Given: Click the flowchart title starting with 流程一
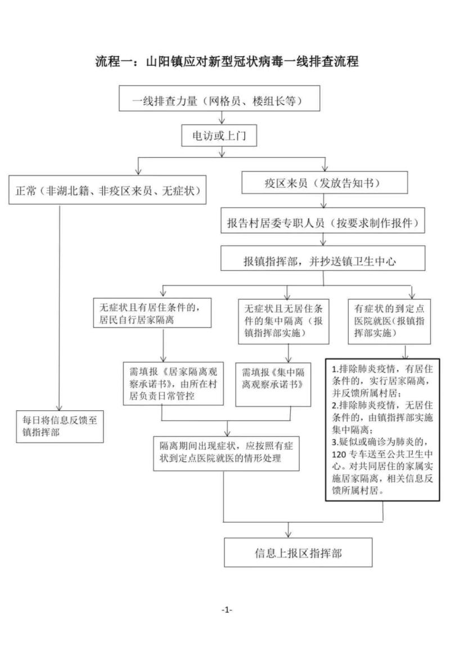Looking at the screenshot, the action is point(227,61).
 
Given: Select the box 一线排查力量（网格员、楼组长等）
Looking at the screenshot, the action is point(219,98).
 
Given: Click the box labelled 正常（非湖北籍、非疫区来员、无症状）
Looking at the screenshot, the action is point(107,190).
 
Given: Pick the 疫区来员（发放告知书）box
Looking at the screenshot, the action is point(325,182).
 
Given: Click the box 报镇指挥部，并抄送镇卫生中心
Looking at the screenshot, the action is point(323,259).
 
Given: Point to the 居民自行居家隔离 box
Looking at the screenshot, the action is point(152,313).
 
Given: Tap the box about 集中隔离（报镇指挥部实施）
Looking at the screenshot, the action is point(283,321).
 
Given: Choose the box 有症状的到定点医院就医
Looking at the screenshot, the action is point(389,321).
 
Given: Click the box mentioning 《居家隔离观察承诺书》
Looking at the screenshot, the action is point(173,384).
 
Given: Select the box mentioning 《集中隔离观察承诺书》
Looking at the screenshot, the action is point(273,384).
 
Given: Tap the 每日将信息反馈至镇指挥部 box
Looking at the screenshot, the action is point(60,427).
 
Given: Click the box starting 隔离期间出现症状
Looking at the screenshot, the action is point(227,453).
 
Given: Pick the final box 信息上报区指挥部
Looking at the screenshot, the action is point(298,552).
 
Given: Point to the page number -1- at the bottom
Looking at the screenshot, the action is point(227,610).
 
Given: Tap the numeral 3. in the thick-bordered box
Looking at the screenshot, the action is point(335,442).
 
